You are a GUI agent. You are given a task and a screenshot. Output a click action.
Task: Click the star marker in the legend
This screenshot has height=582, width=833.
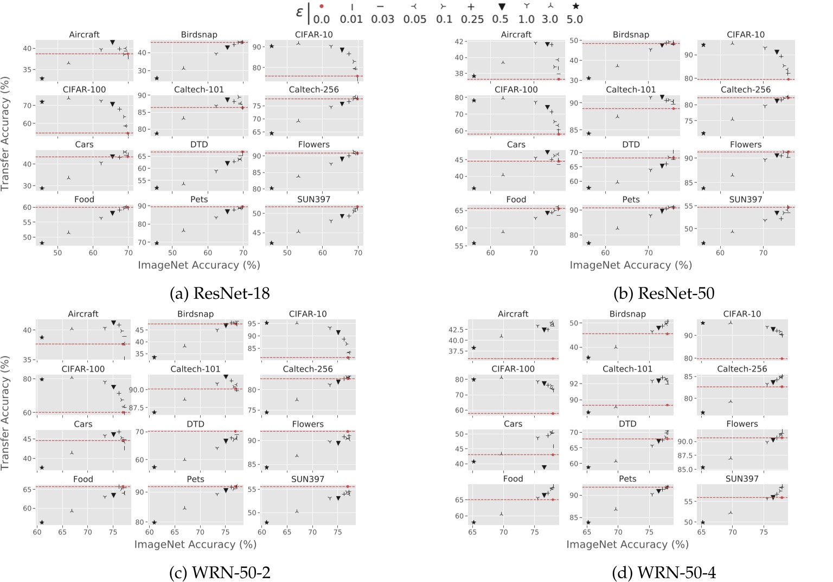[575, 7]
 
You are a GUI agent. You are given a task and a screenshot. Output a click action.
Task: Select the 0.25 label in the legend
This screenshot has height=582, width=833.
[472, 20]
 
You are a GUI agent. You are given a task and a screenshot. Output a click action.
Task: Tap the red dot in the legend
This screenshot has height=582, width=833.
[322, 7]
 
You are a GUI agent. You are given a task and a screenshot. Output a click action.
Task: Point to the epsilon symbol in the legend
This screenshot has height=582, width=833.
[299, 12]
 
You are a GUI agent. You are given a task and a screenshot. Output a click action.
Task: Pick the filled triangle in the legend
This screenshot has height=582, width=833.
[502, 7]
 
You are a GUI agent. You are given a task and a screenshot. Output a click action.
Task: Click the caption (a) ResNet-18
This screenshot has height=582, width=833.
[220, 293]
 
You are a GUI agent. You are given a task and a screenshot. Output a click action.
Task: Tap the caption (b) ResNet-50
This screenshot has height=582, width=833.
[664, 293]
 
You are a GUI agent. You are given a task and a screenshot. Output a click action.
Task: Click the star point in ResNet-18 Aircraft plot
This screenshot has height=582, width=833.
[42, 79]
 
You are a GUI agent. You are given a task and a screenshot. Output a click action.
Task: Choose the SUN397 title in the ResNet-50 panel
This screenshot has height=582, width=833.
[745, 200]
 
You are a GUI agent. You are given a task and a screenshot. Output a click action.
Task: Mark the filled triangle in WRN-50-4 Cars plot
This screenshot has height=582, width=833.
[544, 467]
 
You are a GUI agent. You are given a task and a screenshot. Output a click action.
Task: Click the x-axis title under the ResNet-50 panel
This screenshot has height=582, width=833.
[630, 265]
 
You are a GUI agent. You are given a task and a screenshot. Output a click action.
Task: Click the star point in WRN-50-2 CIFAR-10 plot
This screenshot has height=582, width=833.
[266, 323]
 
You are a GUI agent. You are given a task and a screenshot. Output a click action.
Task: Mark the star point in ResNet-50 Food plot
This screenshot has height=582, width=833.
[474, 243]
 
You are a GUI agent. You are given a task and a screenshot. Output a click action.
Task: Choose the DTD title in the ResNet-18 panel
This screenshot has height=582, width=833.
[199, 145]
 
